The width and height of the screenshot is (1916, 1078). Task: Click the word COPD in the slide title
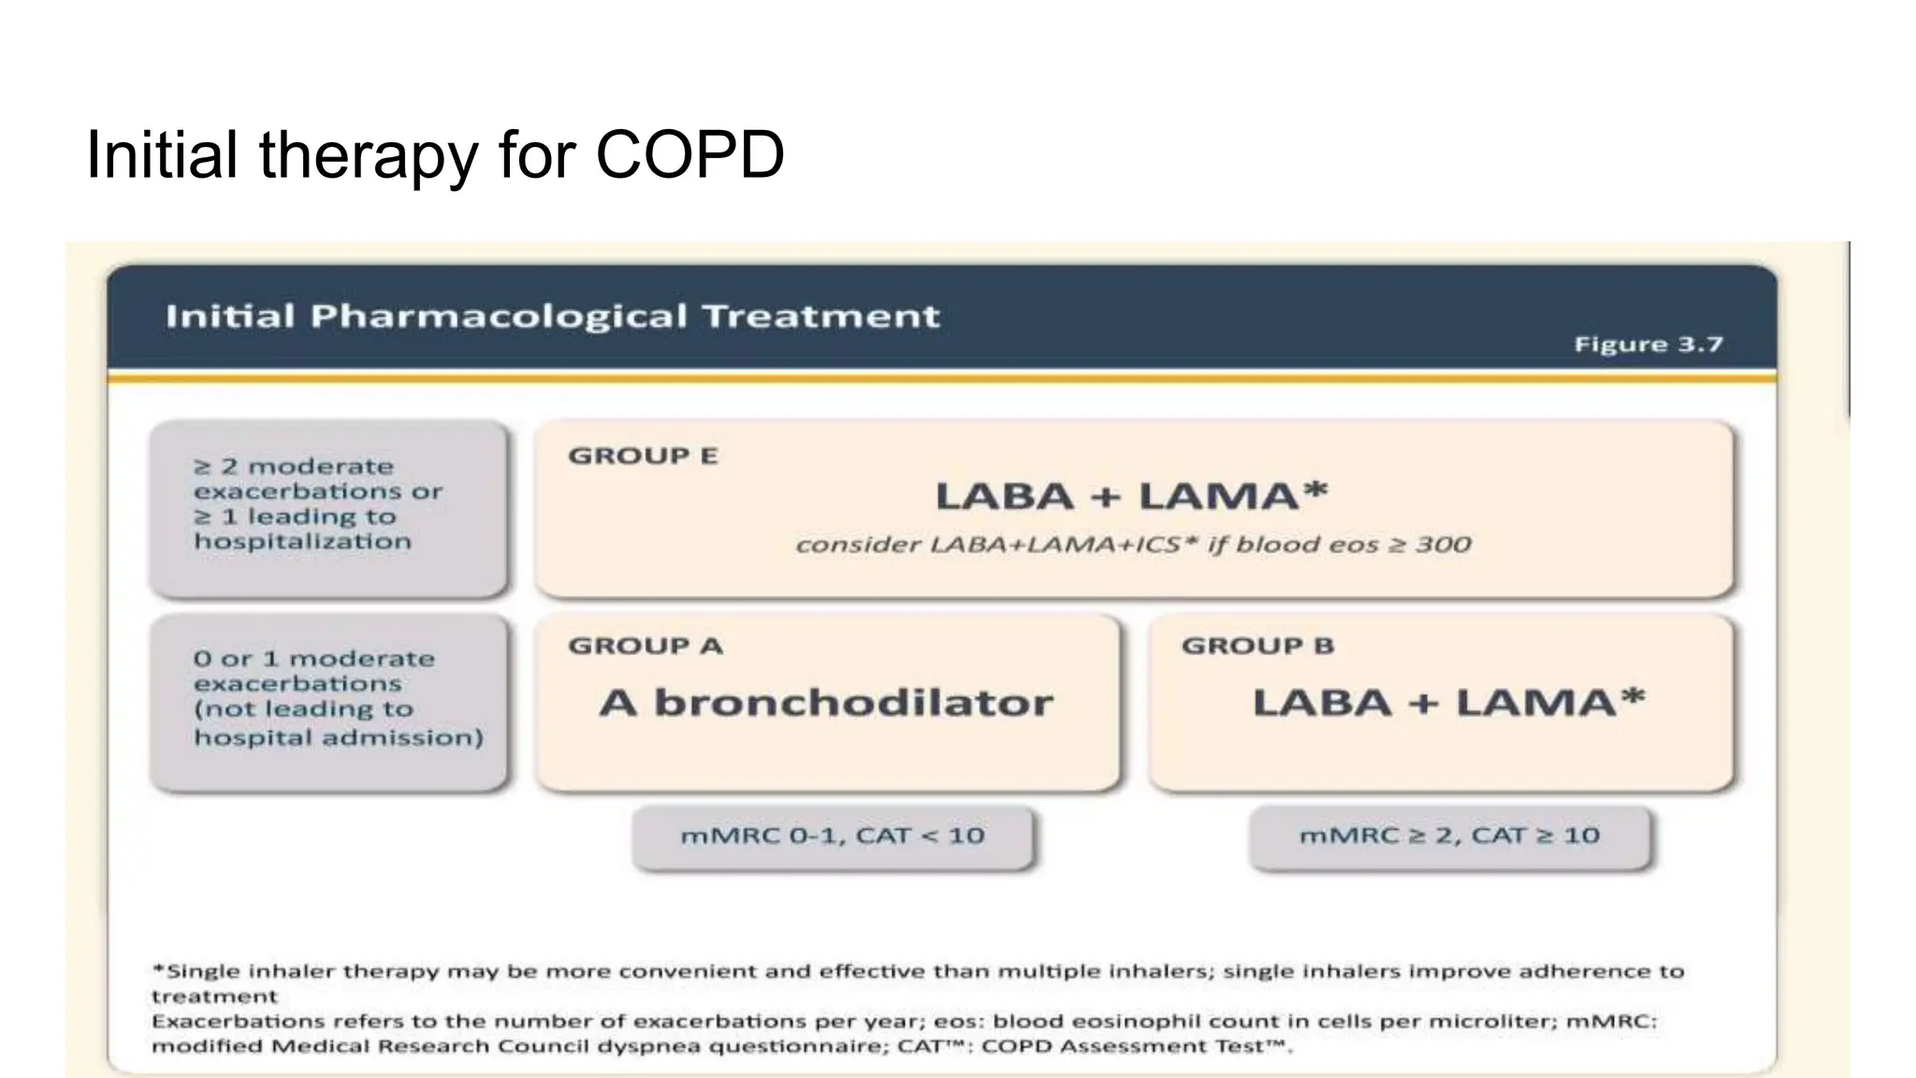click(x=689, y=154)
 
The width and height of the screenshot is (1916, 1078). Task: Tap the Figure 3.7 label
click(x=1647, y=344)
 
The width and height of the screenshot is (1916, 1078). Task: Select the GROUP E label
click(x=643, y=456)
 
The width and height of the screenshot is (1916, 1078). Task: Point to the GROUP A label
click(x=646, y=646)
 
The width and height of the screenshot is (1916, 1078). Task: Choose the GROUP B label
click(x=1257, y=646)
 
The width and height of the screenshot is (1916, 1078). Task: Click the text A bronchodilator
click(x=826, y=703)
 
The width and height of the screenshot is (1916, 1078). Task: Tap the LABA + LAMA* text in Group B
click(x=1447, y=703)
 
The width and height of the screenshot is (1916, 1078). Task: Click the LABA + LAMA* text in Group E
click(x=1131, y=496)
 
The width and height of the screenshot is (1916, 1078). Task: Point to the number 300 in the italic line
click(x=1443, y=545)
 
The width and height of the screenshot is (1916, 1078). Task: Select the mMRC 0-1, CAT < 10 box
click(x=832, y=836)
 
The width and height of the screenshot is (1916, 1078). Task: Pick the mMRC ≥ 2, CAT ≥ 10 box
click(x=1449, y=836)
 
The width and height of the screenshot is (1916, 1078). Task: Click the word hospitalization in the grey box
click(x=302, y=542)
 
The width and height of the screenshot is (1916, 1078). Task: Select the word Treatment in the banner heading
click(x=820, y=316)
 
